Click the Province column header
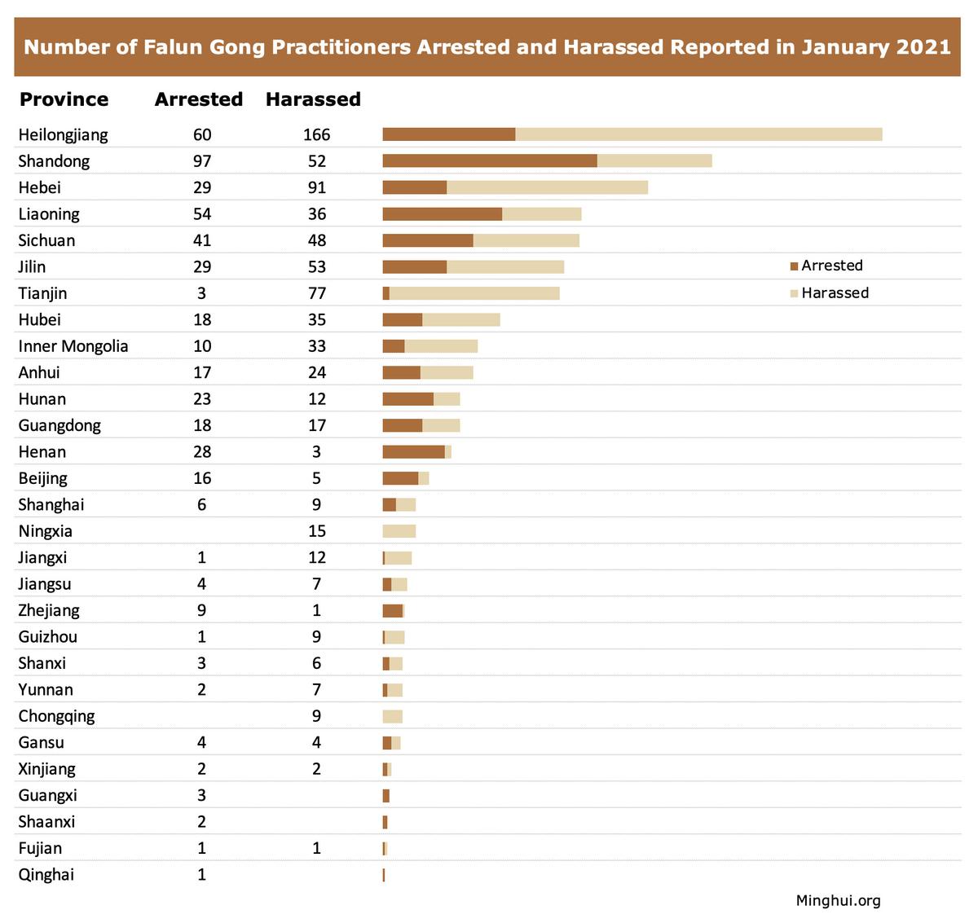coord(64,99)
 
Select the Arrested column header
coord(199,99)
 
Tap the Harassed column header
coord(313,99)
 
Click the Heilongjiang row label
coord(63,134)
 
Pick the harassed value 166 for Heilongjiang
coord(316,134)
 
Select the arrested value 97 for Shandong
coord(202,161)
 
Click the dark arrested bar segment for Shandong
coord(489,161)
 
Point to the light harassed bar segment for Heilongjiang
coord(698,134)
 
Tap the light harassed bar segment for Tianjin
coord(474,293)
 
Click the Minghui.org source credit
coord(838,900)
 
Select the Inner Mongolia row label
coord(73,346)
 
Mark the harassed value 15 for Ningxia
coord(316,531)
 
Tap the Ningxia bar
coord(399,531)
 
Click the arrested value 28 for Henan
coord(202,452)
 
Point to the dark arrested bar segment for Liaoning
coord(442,214)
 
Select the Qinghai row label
coord(46,875)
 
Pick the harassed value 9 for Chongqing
coord(316,716)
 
